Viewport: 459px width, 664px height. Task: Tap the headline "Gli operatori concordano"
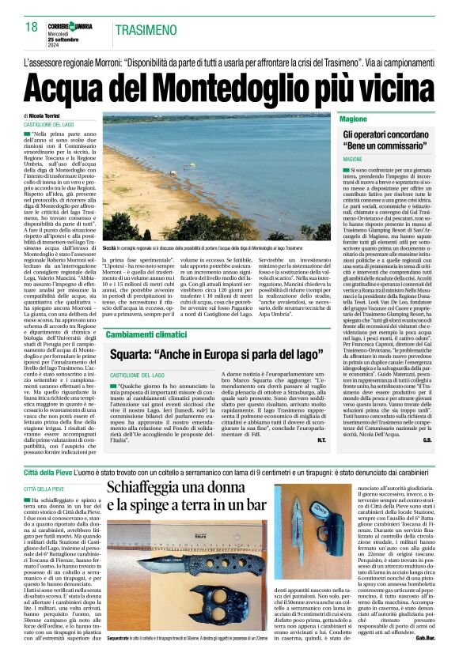pos(389,136)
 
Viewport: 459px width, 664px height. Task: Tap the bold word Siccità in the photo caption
pos(109,247)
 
